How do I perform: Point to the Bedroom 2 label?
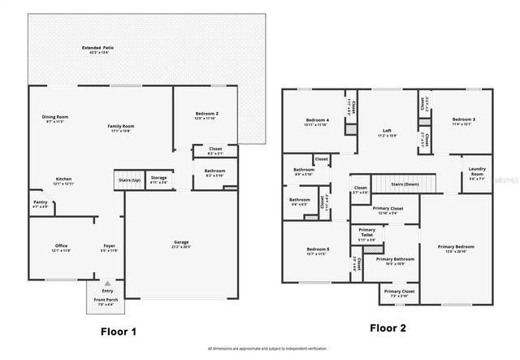point(207,115)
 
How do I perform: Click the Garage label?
point(181,243)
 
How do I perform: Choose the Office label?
point(61,247)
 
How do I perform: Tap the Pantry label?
point(40,203)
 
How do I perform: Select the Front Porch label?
point(102,301)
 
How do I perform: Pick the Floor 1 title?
point(119,331)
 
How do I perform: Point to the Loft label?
point(388,131)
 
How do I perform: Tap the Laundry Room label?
point(477,171)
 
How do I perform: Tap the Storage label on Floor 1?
point(158,179)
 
